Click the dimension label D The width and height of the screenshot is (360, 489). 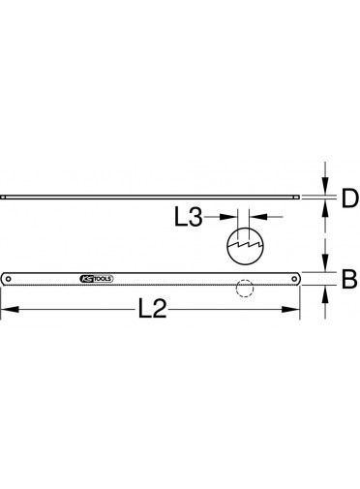click(350, 199)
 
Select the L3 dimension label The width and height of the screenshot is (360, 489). click(189, 217)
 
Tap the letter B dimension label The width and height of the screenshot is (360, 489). click(349, 280)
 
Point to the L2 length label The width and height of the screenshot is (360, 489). click(152, 309)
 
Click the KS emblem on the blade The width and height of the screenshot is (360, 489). click(86, 279)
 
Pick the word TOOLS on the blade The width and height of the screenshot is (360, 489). click(103, 279)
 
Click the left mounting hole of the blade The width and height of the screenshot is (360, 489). click(8, 279)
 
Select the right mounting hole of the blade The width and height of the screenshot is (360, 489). click(294, 279)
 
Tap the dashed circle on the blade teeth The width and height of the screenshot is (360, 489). click(245, 289)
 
